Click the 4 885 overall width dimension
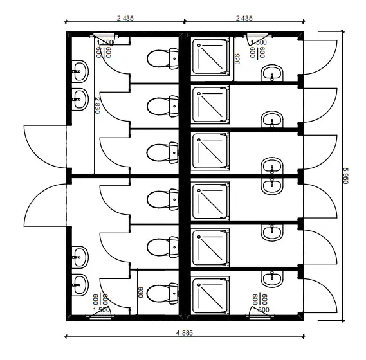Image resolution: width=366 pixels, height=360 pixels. pos(185,333)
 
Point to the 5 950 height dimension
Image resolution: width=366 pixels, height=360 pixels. pos(345,175)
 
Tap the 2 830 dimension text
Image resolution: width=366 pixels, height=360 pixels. pos(97,105)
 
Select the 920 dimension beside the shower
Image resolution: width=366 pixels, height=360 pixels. pos(237,59)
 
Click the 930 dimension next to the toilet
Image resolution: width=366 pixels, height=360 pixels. pos(140,292)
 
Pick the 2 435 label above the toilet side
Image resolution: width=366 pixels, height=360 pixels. pos(125,18)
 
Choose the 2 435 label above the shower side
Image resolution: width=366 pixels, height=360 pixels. pos(244,18)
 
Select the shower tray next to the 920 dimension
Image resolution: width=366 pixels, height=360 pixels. pos(210,57)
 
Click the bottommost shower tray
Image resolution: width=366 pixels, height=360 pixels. pos(210,296)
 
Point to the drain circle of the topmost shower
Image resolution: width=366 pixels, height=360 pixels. pos(199,45)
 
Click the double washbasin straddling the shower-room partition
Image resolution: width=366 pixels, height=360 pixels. pos(272,176)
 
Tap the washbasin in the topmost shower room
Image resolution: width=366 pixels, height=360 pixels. pos(272,73)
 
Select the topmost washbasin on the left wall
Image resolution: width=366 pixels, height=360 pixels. pos(80,71)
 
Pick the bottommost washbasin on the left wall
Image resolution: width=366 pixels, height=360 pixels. pos(80,285)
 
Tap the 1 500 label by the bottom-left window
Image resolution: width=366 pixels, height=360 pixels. pos(101,310)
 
